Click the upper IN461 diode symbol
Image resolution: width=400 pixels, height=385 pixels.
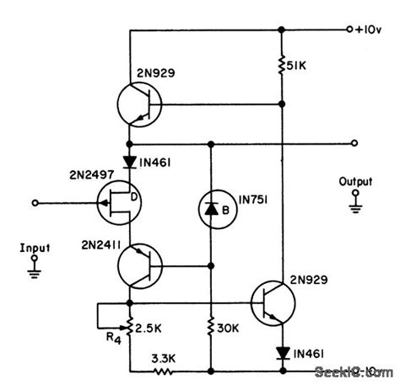pyautogui.click(x=130, y=158)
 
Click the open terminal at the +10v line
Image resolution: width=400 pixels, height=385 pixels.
pyautogui.click(x=349, y=30)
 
